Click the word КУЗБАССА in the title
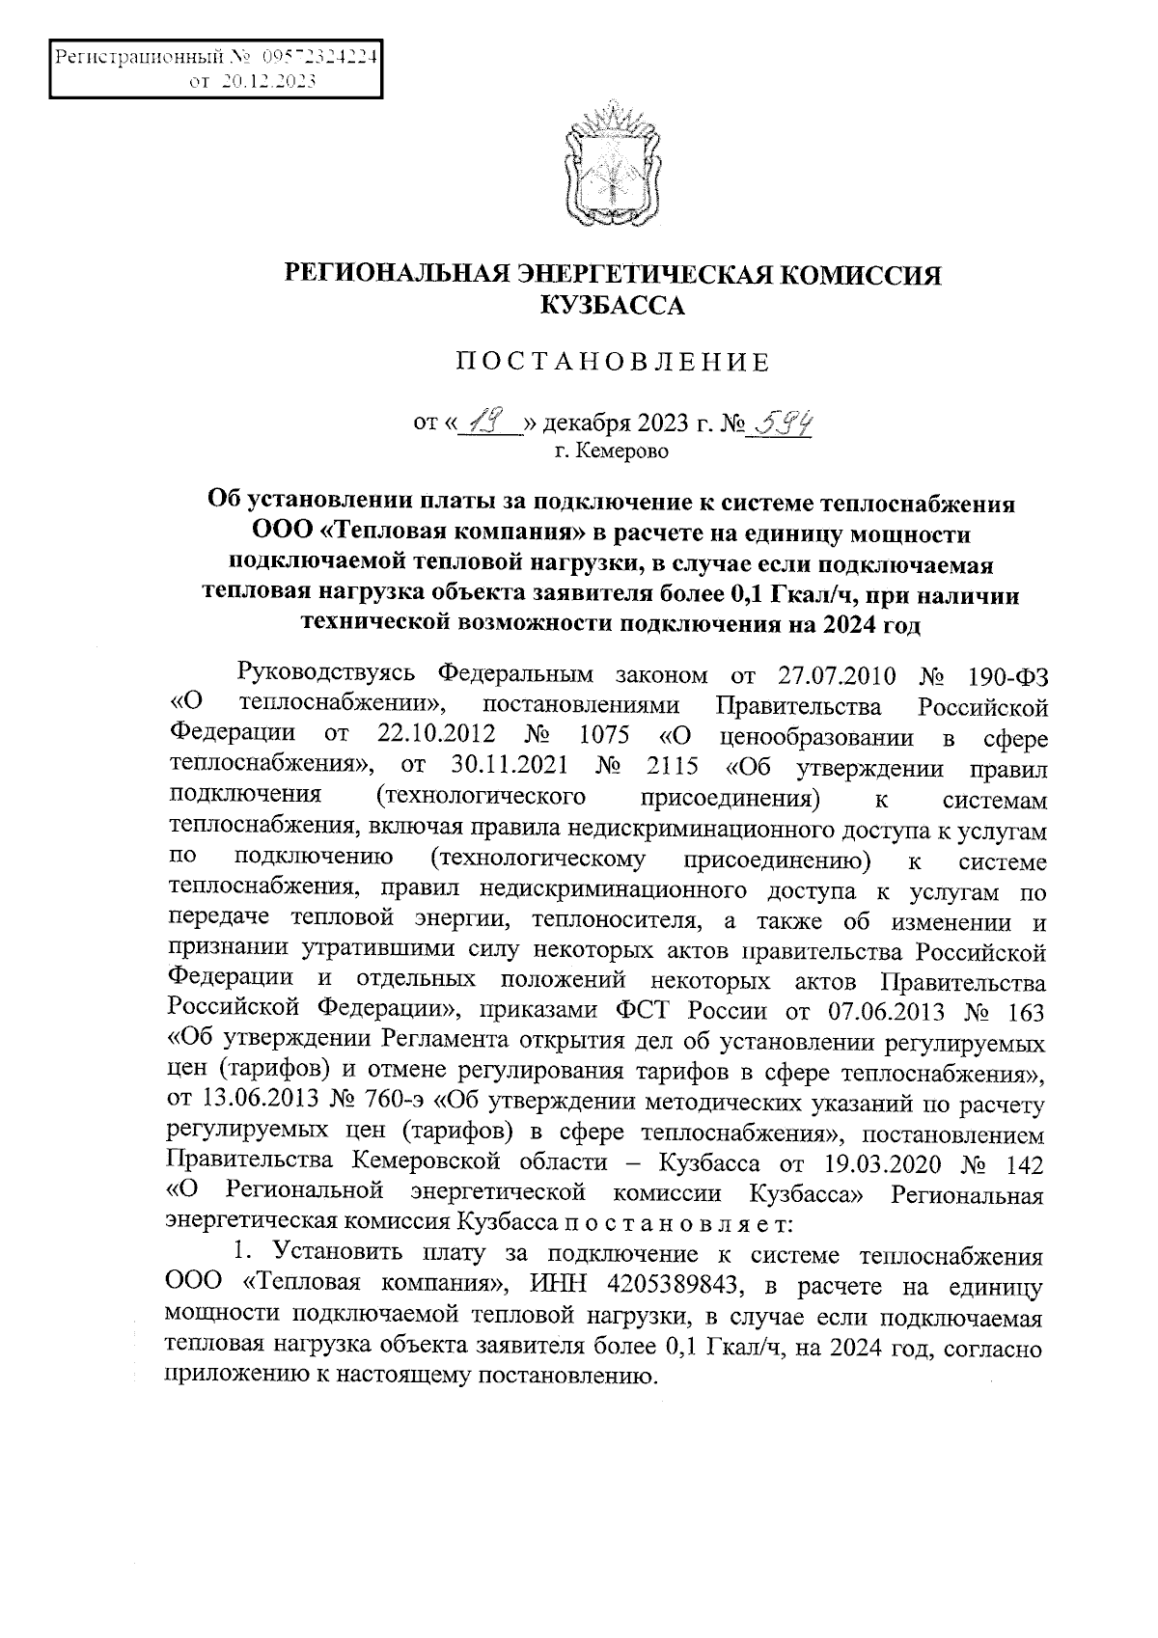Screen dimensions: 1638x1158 coord(612,308)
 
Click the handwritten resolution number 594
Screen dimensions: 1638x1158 coord(782,422)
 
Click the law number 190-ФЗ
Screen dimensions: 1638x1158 coord(1005,673)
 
